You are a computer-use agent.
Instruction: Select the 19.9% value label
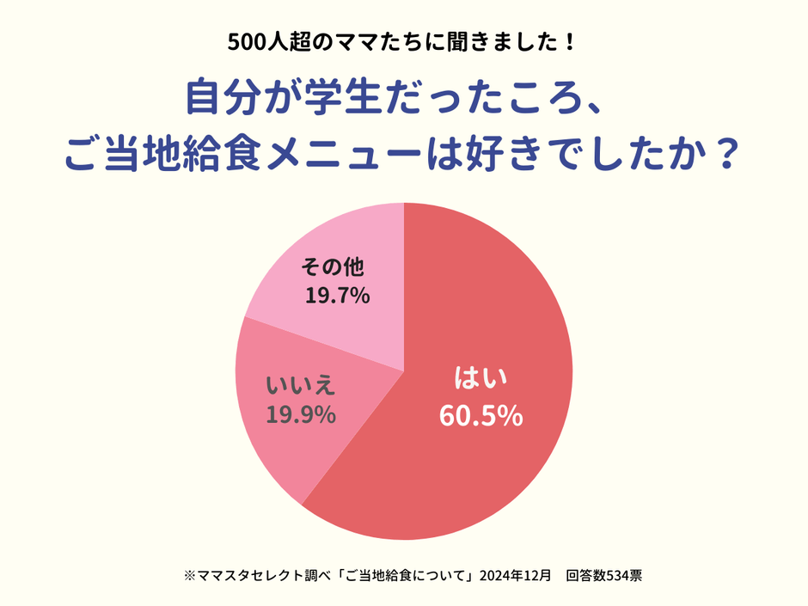point(300,415)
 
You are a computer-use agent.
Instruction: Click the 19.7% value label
point(337,297)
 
